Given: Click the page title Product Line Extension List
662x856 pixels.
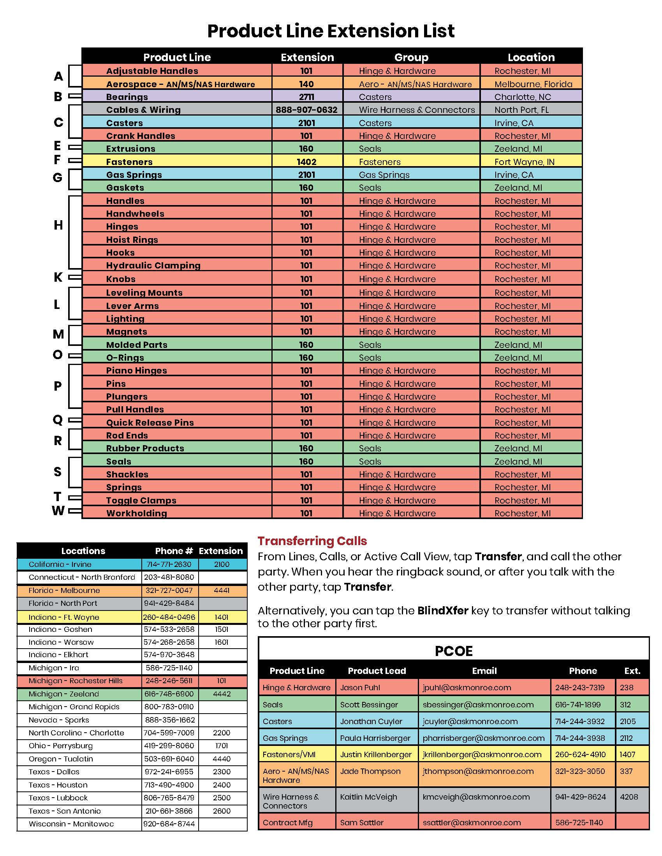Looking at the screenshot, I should coord(331,31).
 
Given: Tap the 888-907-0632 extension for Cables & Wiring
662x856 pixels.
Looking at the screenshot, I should coord(306,110).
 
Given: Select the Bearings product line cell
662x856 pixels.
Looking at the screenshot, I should coord(127,97).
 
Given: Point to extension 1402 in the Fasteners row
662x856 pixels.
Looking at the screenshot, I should coord(306,162).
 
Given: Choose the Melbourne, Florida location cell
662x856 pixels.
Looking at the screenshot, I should coord(533,84).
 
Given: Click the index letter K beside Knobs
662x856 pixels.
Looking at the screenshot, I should coord(58,277).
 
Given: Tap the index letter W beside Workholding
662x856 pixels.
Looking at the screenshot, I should coord(58,511).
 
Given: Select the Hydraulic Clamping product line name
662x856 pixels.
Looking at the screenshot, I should coord(153,265).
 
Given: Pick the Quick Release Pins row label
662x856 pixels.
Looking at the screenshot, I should coord(150,423).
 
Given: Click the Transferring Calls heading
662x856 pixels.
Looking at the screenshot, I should coord(312,541).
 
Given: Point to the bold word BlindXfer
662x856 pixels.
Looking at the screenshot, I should coord(442,610).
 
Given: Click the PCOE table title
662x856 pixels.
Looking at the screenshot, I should coord(453,651).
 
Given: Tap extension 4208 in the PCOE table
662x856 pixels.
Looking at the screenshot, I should coord(629,797).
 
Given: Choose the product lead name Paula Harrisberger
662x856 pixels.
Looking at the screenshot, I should coord(375,738).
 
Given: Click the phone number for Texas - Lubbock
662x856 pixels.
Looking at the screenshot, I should coord(169,798).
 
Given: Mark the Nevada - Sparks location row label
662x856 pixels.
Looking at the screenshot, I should coord(58,720).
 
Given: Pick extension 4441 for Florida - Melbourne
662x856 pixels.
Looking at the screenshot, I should coord(222,590).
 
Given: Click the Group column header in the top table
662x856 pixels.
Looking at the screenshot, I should coord(411,57).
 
